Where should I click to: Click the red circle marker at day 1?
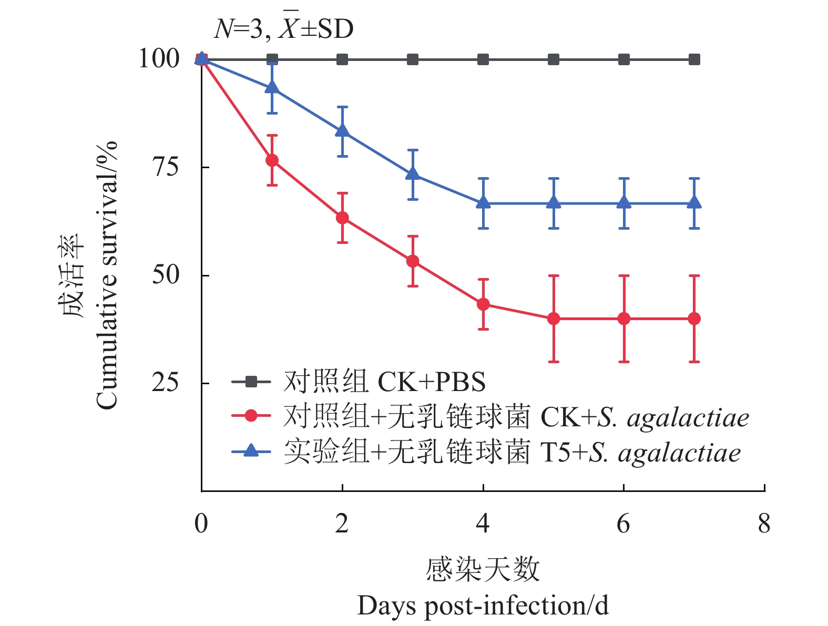click(272, 160)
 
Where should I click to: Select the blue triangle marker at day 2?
click(342, 131)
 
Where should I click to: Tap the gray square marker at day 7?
click(694, 59)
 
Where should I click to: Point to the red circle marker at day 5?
click(553, 319)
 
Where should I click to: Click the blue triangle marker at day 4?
click(483, 203)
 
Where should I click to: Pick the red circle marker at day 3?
click(413, 261)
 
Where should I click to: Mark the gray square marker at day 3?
click(413, 59)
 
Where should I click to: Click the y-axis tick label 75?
click(165, 167)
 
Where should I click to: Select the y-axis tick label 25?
click(165, 383)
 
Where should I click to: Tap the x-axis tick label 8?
click(764, 524)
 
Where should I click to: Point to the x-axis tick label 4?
click(483, 524)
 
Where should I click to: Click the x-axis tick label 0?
click(201, 524)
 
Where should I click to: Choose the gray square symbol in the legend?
click(251, 382)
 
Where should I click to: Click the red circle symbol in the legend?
click(251, 416)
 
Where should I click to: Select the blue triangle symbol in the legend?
click(251, 450)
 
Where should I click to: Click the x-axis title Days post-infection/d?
click(483, 606)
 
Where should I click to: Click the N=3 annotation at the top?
click(237, 29)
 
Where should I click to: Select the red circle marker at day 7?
click(694, 319)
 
